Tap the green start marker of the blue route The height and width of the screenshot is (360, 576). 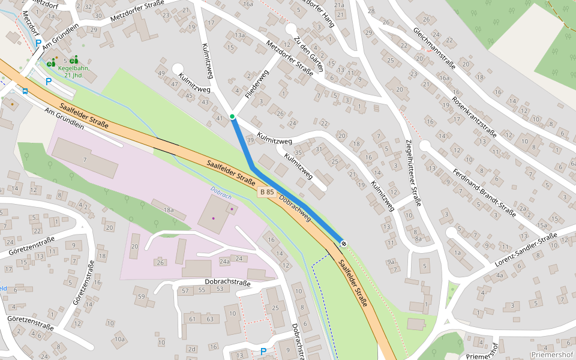(232, 116)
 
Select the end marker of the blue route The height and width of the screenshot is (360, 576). (344, 243)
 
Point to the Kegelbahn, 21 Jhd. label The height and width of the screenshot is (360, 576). (74, 71)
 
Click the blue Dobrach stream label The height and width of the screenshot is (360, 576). (221, 193)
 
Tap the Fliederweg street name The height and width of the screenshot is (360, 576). (256, 84)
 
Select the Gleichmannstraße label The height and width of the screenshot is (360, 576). (434, 47)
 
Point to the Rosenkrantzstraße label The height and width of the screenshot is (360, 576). (473, 117)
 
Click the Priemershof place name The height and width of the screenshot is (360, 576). (553, 354)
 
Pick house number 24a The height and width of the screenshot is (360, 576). (224, 262)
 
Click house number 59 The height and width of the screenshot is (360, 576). (142, 296)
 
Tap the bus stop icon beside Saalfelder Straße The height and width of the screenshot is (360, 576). (25, 91)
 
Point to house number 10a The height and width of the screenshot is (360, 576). (120, 340)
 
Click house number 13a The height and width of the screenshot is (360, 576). (240, 35)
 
